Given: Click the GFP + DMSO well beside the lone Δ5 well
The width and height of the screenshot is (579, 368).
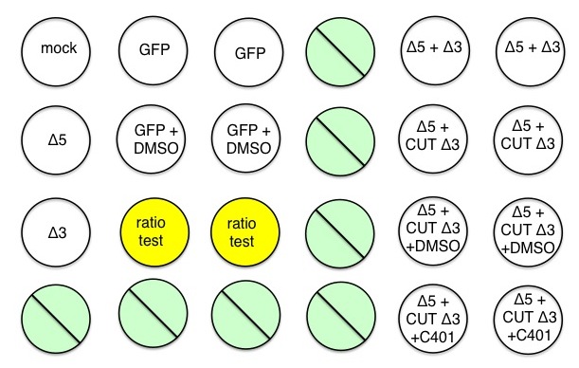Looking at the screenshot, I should [154, 139].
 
